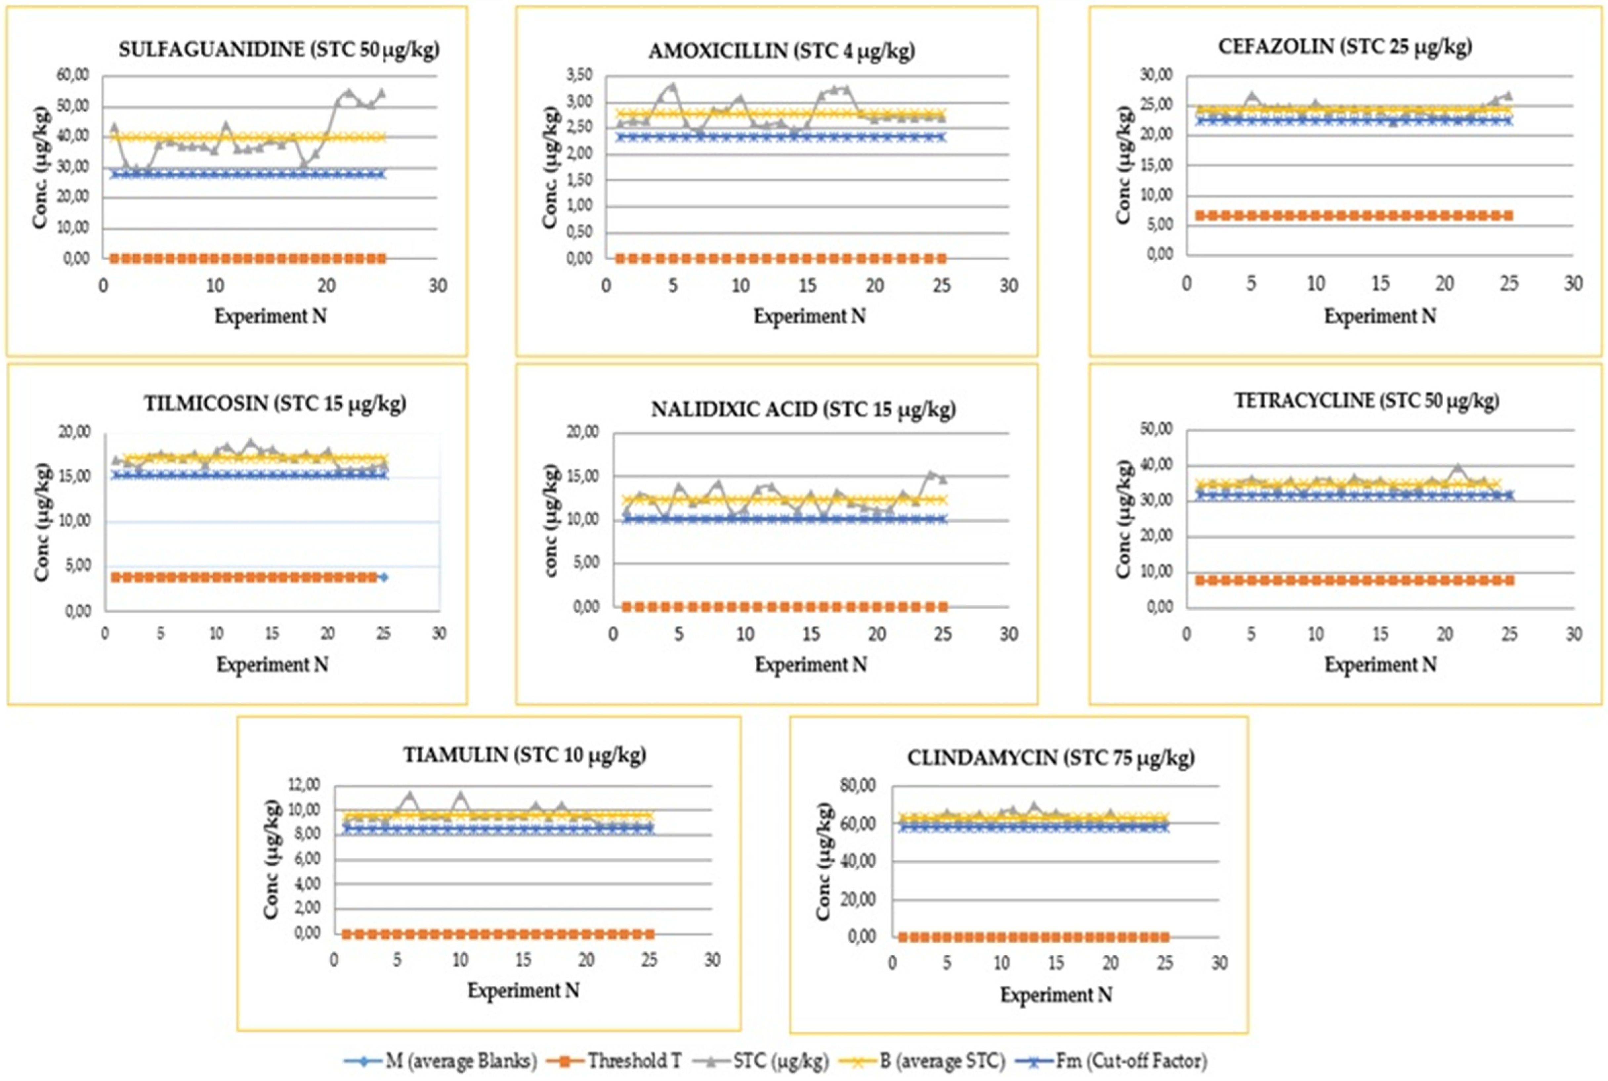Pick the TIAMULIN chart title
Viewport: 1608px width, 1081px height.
[x=525, y=755]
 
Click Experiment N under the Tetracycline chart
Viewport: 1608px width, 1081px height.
[x=1380, y=665]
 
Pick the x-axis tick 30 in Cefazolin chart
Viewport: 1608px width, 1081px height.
[x=1573, y=283]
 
